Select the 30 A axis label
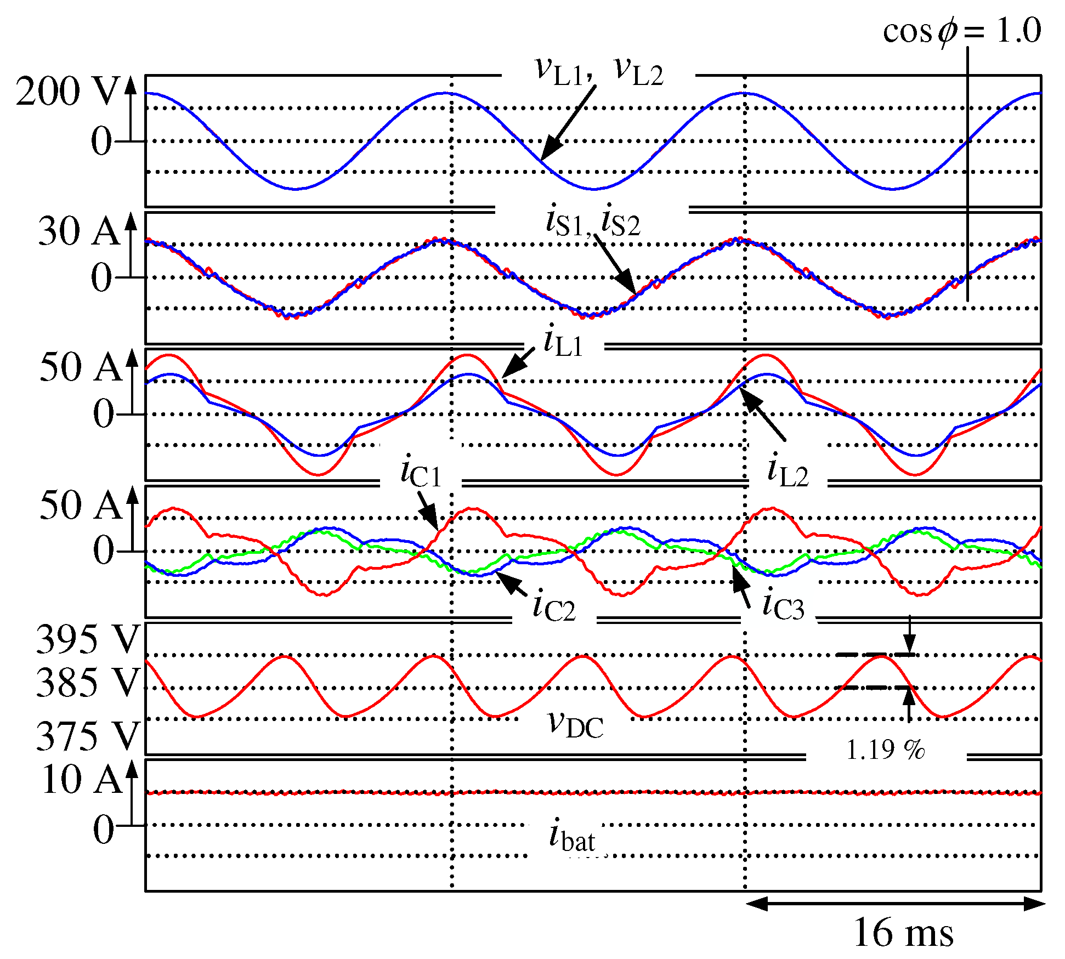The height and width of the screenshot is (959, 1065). (78, 231)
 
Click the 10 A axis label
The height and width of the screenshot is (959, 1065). (81, 779)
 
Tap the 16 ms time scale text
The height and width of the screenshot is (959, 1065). (903, 932)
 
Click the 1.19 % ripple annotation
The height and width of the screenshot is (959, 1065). (885, 750)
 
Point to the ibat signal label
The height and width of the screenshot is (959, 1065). (572, 836)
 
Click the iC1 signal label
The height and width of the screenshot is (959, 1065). (421, 473)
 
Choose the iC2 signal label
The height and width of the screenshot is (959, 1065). (554, 607)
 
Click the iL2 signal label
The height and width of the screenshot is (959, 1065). (788, 472)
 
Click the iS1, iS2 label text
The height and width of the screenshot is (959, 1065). (593, 222)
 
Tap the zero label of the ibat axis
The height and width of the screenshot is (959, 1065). (103, 829)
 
